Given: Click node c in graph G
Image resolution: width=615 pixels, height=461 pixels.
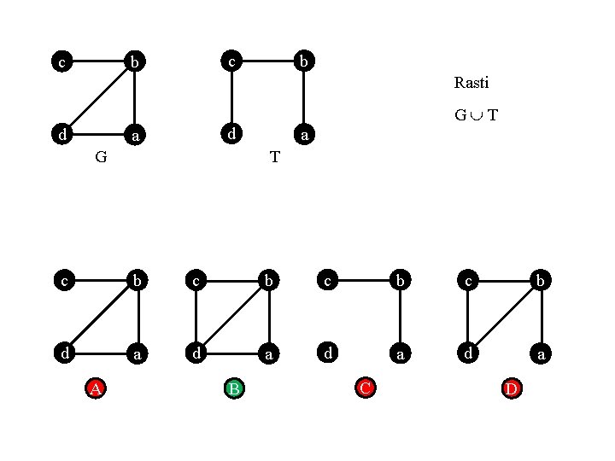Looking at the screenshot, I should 61,61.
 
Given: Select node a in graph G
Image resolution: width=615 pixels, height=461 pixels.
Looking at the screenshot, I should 135,135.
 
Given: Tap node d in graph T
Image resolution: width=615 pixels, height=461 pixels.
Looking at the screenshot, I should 231,134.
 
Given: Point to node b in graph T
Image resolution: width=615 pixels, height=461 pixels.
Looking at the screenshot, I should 304,61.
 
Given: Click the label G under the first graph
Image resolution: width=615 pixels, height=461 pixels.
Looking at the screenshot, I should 101,157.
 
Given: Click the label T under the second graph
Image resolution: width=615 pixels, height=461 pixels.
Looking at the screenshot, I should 274,157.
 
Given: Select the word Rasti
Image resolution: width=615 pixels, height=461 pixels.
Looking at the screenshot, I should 471,83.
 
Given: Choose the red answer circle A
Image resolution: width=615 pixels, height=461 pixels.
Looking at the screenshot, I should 97,388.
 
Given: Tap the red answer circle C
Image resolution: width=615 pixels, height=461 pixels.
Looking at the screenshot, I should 365,388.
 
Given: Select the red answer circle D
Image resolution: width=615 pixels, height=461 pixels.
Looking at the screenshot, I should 512,388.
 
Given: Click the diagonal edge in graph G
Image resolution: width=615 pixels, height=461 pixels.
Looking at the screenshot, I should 98,98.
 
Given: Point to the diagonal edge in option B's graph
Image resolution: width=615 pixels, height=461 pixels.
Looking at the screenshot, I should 233,316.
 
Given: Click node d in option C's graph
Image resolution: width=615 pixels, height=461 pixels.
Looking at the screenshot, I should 326,352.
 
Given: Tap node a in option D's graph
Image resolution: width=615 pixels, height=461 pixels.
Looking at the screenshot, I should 541,352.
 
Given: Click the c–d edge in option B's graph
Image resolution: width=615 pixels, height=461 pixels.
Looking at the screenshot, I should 196,316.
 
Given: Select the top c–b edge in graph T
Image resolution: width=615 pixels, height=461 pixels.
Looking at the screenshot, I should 267,61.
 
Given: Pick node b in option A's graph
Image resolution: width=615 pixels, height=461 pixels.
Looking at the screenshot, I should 137,279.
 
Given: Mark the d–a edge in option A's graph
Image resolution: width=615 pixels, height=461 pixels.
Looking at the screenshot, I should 99,352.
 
